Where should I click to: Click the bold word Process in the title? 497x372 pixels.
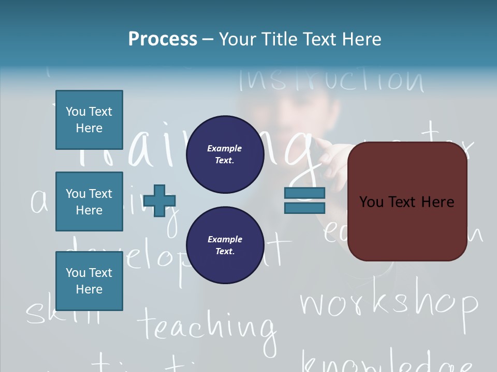pyautogui.click(x=163, y=39)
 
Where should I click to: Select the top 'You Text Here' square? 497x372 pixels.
pyautogui.click(x=89, y=120)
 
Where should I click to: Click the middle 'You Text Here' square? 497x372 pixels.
pyautogui.click(x=89, y=202)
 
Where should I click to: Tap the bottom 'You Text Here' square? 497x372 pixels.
pyautogui.click(x=89, y=281)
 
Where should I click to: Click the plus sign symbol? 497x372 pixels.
pyautogui.click(x=159, y=200)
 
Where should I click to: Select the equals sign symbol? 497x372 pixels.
pyautogui.click(x=304, y=200)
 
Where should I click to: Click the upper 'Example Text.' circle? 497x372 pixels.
pyautogui.click(x=225, y=154)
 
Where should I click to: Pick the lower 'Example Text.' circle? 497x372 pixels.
pyautogui.click(x=225, y=245)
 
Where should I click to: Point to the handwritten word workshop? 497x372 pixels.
pyautogui.click(x=388, y=304)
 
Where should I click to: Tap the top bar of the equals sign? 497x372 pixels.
pyautogui.click(x=304, y=193)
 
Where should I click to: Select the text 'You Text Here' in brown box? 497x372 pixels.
pyautogui.click(x=406, y=202)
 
